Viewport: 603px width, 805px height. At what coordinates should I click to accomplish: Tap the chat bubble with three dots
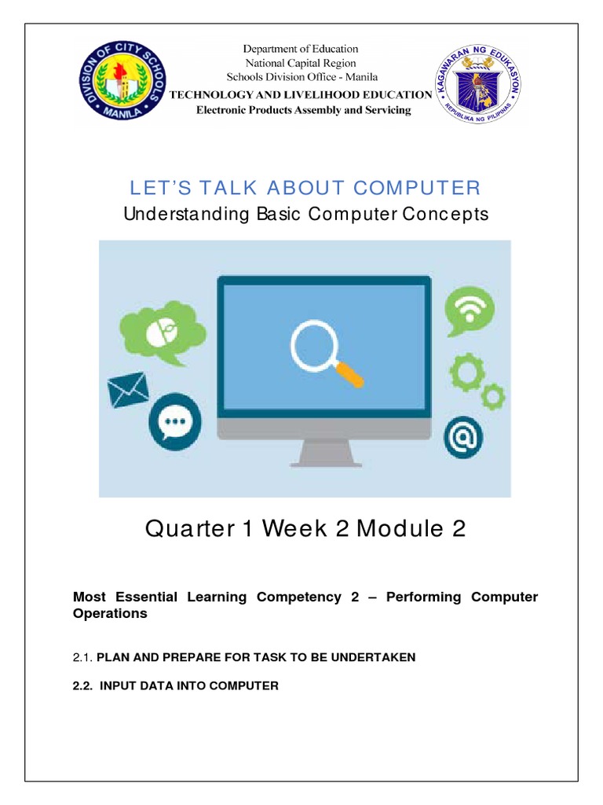[x=174, y=425]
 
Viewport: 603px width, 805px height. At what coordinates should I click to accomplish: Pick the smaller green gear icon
[x=493, y=395]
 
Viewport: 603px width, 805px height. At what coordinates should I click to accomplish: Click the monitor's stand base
[x=324, y=464]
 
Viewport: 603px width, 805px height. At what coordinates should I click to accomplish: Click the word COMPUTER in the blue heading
[x=416, y=188]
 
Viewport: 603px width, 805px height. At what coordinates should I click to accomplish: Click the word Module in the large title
[x=400, y=529]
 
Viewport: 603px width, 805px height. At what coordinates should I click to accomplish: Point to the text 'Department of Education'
[x=301, y=50]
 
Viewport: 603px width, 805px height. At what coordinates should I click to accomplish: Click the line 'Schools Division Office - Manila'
[x=301, y=77]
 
